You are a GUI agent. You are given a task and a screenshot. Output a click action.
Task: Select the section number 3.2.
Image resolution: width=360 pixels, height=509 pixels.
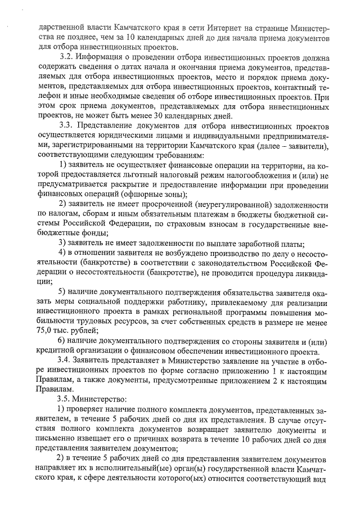pyautogui.click(x=67, y=56)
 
